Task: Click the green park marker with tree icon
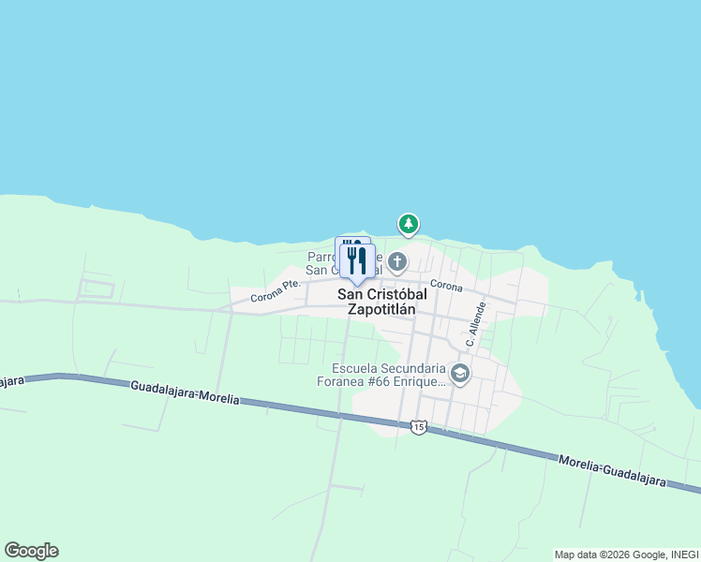408,224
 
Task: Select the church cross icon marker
397,261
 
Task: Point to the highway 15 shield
418,427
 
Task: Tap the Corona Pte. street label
276,290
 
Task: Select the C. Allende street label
476,325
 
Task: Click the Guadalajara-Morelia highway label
185,392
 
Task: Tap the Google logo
31,551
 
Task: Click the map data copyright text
626,555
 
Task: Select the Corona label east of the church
447,285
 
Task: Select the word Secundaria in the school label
417,368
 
